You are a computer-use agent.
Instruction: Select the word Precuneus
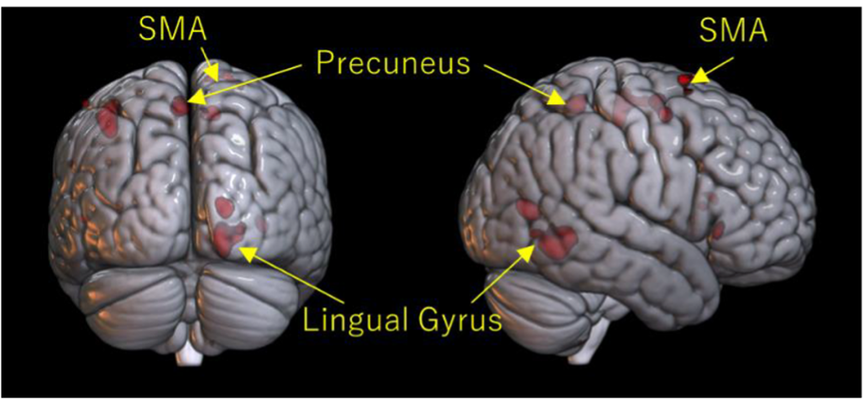392,62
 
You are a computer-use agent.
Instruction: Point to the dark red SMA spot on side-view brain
687,79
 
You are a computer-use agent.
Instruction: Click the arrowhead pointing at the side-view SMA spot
699,76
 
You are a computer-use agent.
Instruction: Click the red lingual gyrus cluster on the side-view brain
554,241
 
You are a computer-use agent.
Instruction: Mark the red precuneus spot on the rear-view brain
180,106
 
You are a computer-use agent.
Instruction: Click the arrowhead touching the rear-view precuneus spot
195,97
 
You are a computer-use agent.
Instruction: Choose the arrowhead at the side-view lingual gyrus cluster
529,250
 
